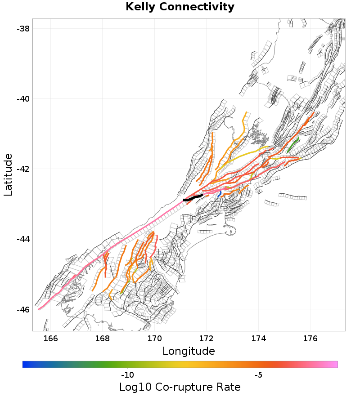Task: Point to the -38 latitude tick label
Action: (23, 28)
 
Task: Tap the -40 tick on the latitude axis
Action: (23, 98)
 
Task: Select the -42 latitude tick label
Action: (23, 169)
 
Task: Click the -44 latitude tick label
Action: (23, 239)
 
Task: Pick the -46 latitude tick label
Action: (23, 309)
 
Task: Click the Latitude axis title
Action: (8, 174)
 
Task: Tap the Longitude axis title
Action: (189, 351)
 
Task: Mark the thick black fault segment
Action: (193, 197)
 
